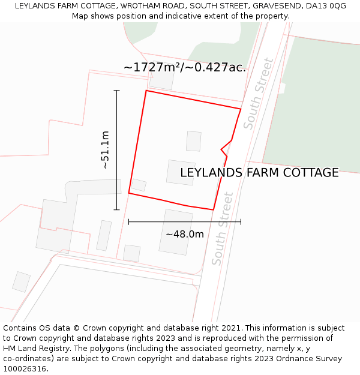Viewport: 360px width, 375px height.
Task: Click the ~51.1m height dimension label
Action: point(105,149)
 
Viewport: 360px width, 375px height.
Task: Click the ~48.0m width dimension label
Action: point(185,234)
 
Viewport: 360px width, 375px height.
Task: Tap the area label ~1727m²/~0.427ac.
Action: point(185,67)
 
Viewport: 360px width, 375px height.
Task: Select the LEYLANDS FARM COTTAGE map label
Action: point(259,173)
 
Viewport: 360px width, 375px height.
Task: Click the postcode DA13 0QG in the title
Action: point(326,6)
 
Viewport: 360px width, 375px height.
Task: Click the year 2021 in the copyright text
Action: point(230,328)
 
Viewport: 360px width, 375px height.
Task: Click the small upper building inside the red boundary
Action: point(193,141)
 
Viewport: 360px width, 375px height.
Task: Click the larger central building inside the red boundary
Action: point(181,172)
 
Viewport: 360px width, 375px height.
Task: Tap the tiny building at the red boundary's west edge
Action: point(139,185)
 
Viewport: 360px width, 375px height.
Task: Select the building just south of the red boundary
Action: point(176,232)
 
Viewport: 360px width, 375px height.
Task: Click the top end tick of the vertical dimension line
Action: point(117,91)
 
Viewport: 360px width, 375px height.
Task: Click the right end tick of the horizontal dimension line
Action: point(241,221)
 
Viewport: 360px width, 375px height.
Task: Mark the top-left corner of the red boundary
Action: point(146,91)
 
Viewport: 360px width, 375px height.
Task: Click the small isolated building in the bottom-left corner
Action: point(21,281)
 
